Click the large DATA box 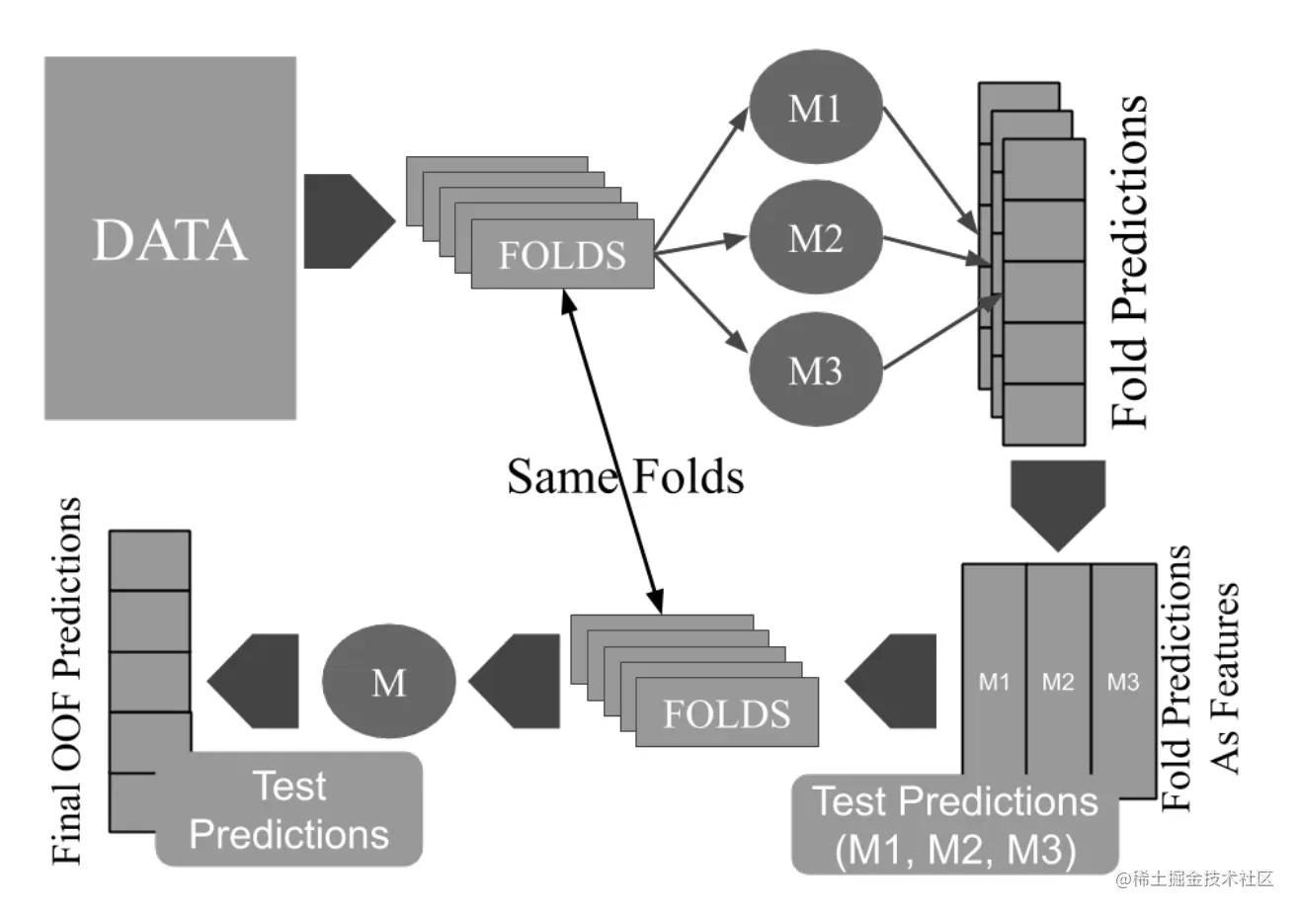170,238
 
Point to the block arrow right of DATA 347,220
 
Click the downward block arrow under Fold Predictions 1058,504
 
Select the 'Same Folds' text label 625,477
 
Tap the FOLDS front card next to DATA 562,255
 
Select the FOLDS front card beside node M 727,712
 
